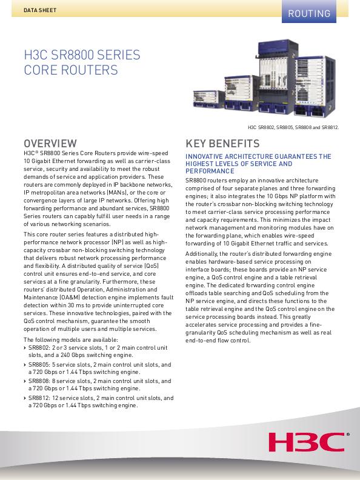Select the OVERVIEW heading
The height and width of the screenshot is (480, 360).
50,144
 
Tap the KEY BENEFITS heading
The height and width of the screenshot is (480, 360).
222,144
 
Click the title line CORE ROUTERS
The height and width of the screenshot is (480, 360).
70,71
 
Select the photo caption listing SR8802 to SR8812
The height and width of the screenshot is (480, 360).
293,128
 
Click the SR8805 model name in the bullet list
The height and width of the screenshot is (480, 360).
40,365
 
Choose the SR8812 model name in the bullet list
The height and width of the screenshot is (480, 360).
40,398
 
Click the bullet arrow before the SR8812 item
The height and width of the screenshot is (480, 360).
25,398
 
